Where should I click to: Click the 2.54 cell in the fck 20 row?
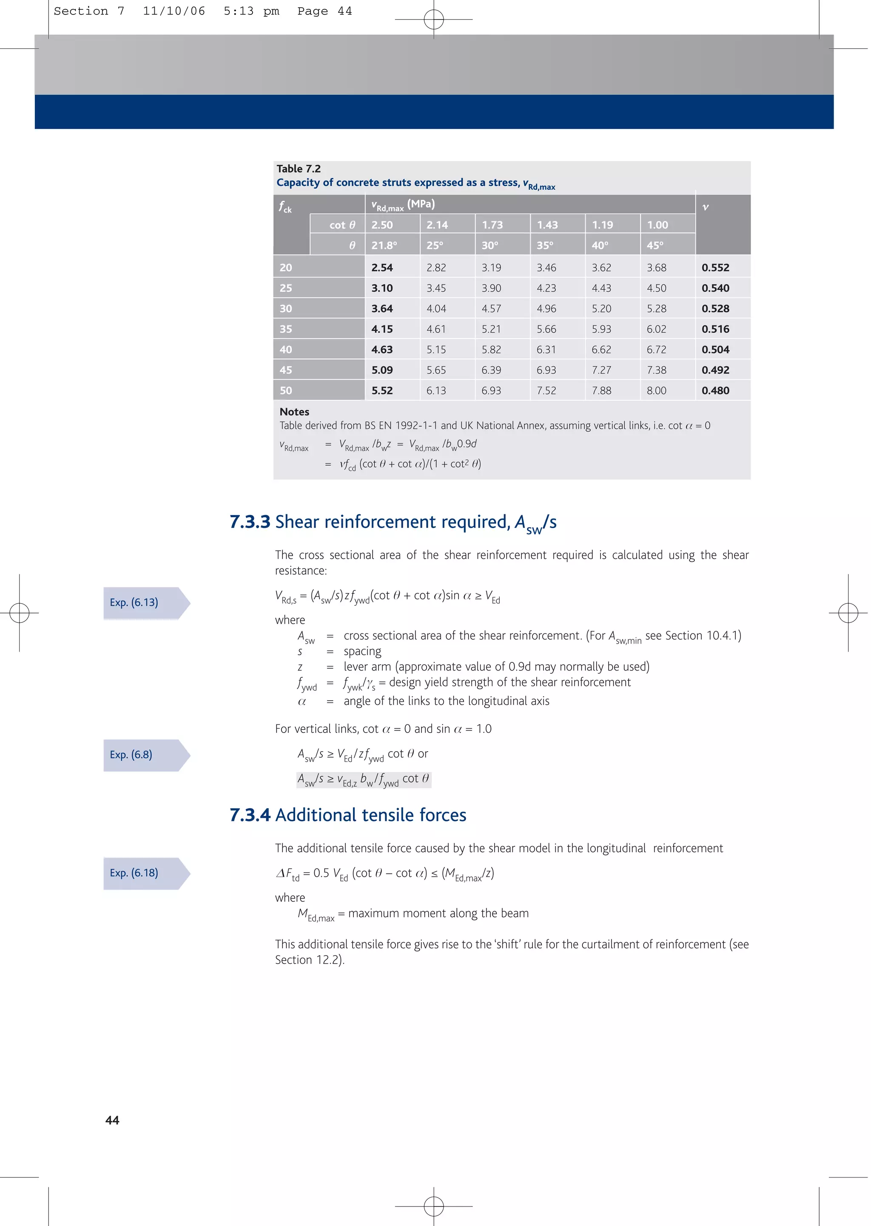coord(382,267)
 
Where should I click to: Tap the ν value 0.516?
coord(715,329)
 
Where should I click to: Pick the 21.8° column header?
coord(384,245)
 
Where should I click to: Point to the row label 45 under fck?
coord(286,370)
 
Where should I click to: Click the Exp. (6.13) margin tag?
coord(134,602)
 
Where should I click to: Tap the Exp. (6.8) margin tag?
coord(131,755)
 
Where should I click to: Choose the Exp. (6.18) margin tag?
coord(134,872)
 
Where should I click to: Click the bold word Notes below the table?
coord(294,412)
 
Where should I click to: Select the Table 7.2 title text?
coord(298,168)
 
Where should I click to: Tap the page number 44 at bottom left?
coord(112,1120)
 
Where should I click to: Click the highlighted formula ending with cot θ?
coord(364,779)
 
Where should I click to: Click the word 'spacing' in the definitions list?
coord(362,651)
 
